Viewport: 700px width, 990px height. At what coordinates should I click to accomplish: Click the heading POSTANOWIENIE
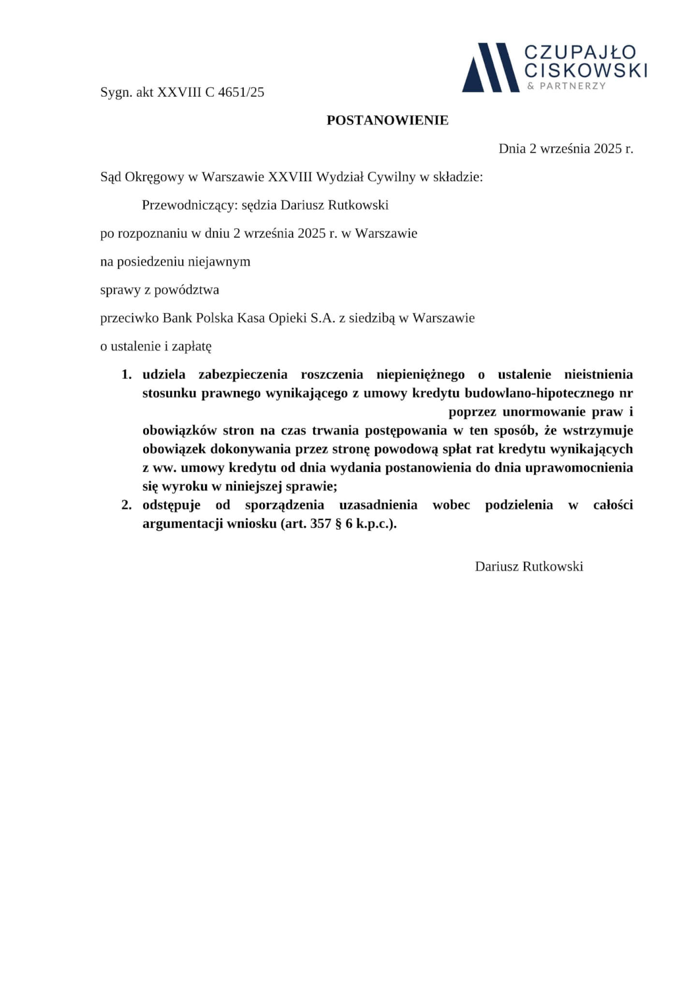387,120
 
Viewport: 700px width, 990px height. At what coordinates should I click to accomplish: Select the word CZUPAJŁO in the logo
580,53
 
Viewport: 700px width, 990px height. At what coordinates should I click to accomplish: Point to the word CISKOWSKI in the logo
586,71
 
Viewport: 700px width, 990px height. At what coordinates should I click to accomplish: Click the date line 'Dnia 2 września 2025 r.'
566,148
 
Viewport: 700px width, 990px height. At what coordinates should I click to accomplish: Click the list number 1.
127,375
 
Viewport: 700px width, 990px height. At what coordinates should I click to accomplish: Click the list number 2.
127,505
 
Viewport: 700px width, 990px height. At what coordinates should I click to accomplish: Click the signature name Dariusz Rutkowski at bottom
529,567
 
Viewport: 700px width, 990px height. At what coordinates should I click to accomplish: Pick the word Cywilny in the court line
392,177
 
